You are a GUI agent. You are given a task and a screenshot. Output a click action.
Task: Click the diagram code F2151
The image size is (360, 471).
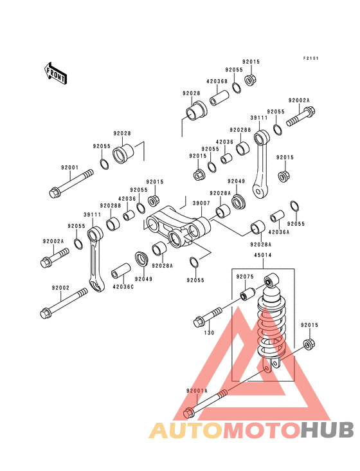coord(310,59)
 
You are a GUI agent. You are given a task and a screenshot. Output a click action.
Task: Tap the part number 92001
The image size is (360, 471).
coord(69,167)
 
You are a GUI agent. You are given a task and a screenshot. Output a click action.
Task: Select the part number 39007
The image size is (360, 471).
coord(201,203)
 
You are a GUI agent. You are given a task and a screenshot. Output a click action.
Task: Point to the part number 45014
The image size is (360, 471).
coord(263,255)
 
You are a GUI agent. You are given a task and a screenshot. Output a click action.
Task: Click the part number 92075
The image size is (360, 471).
coord(245,277)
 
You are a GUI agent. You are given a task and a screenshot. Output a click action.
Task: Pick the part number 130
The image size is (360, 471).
coord(209,333)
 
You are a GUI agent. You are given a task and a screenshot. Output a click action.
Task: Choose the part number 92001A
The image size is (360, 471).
coord(197,391)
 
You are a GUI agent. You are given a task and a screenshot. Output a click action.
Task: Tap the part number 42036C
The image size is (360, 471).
coord(123,287)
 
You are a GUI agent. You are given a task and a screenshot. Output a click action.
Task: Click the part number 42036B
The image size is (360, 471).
coord(217,82)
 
